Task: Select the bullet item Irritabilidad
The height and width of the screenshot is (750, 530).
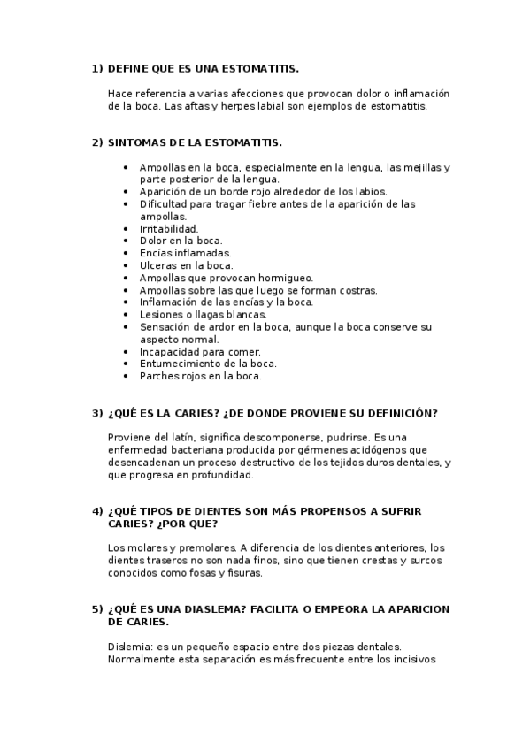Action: (x=169, y=228)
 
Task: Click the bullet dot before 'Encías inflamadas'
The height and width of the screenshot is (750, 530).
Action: (x=128, y=252)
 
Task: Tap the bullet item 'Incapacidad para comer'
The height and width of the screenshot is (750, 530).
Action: (x=199, y=351)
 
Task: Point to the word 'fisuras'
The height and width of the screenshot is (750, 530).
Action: (x=242, y=572)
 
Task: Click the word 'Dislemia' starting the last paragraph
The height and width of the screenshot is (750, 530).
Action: (x=127, y=646)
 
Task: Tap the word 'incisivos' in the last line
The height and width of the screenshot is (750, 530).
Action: (x=404, y=658)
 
